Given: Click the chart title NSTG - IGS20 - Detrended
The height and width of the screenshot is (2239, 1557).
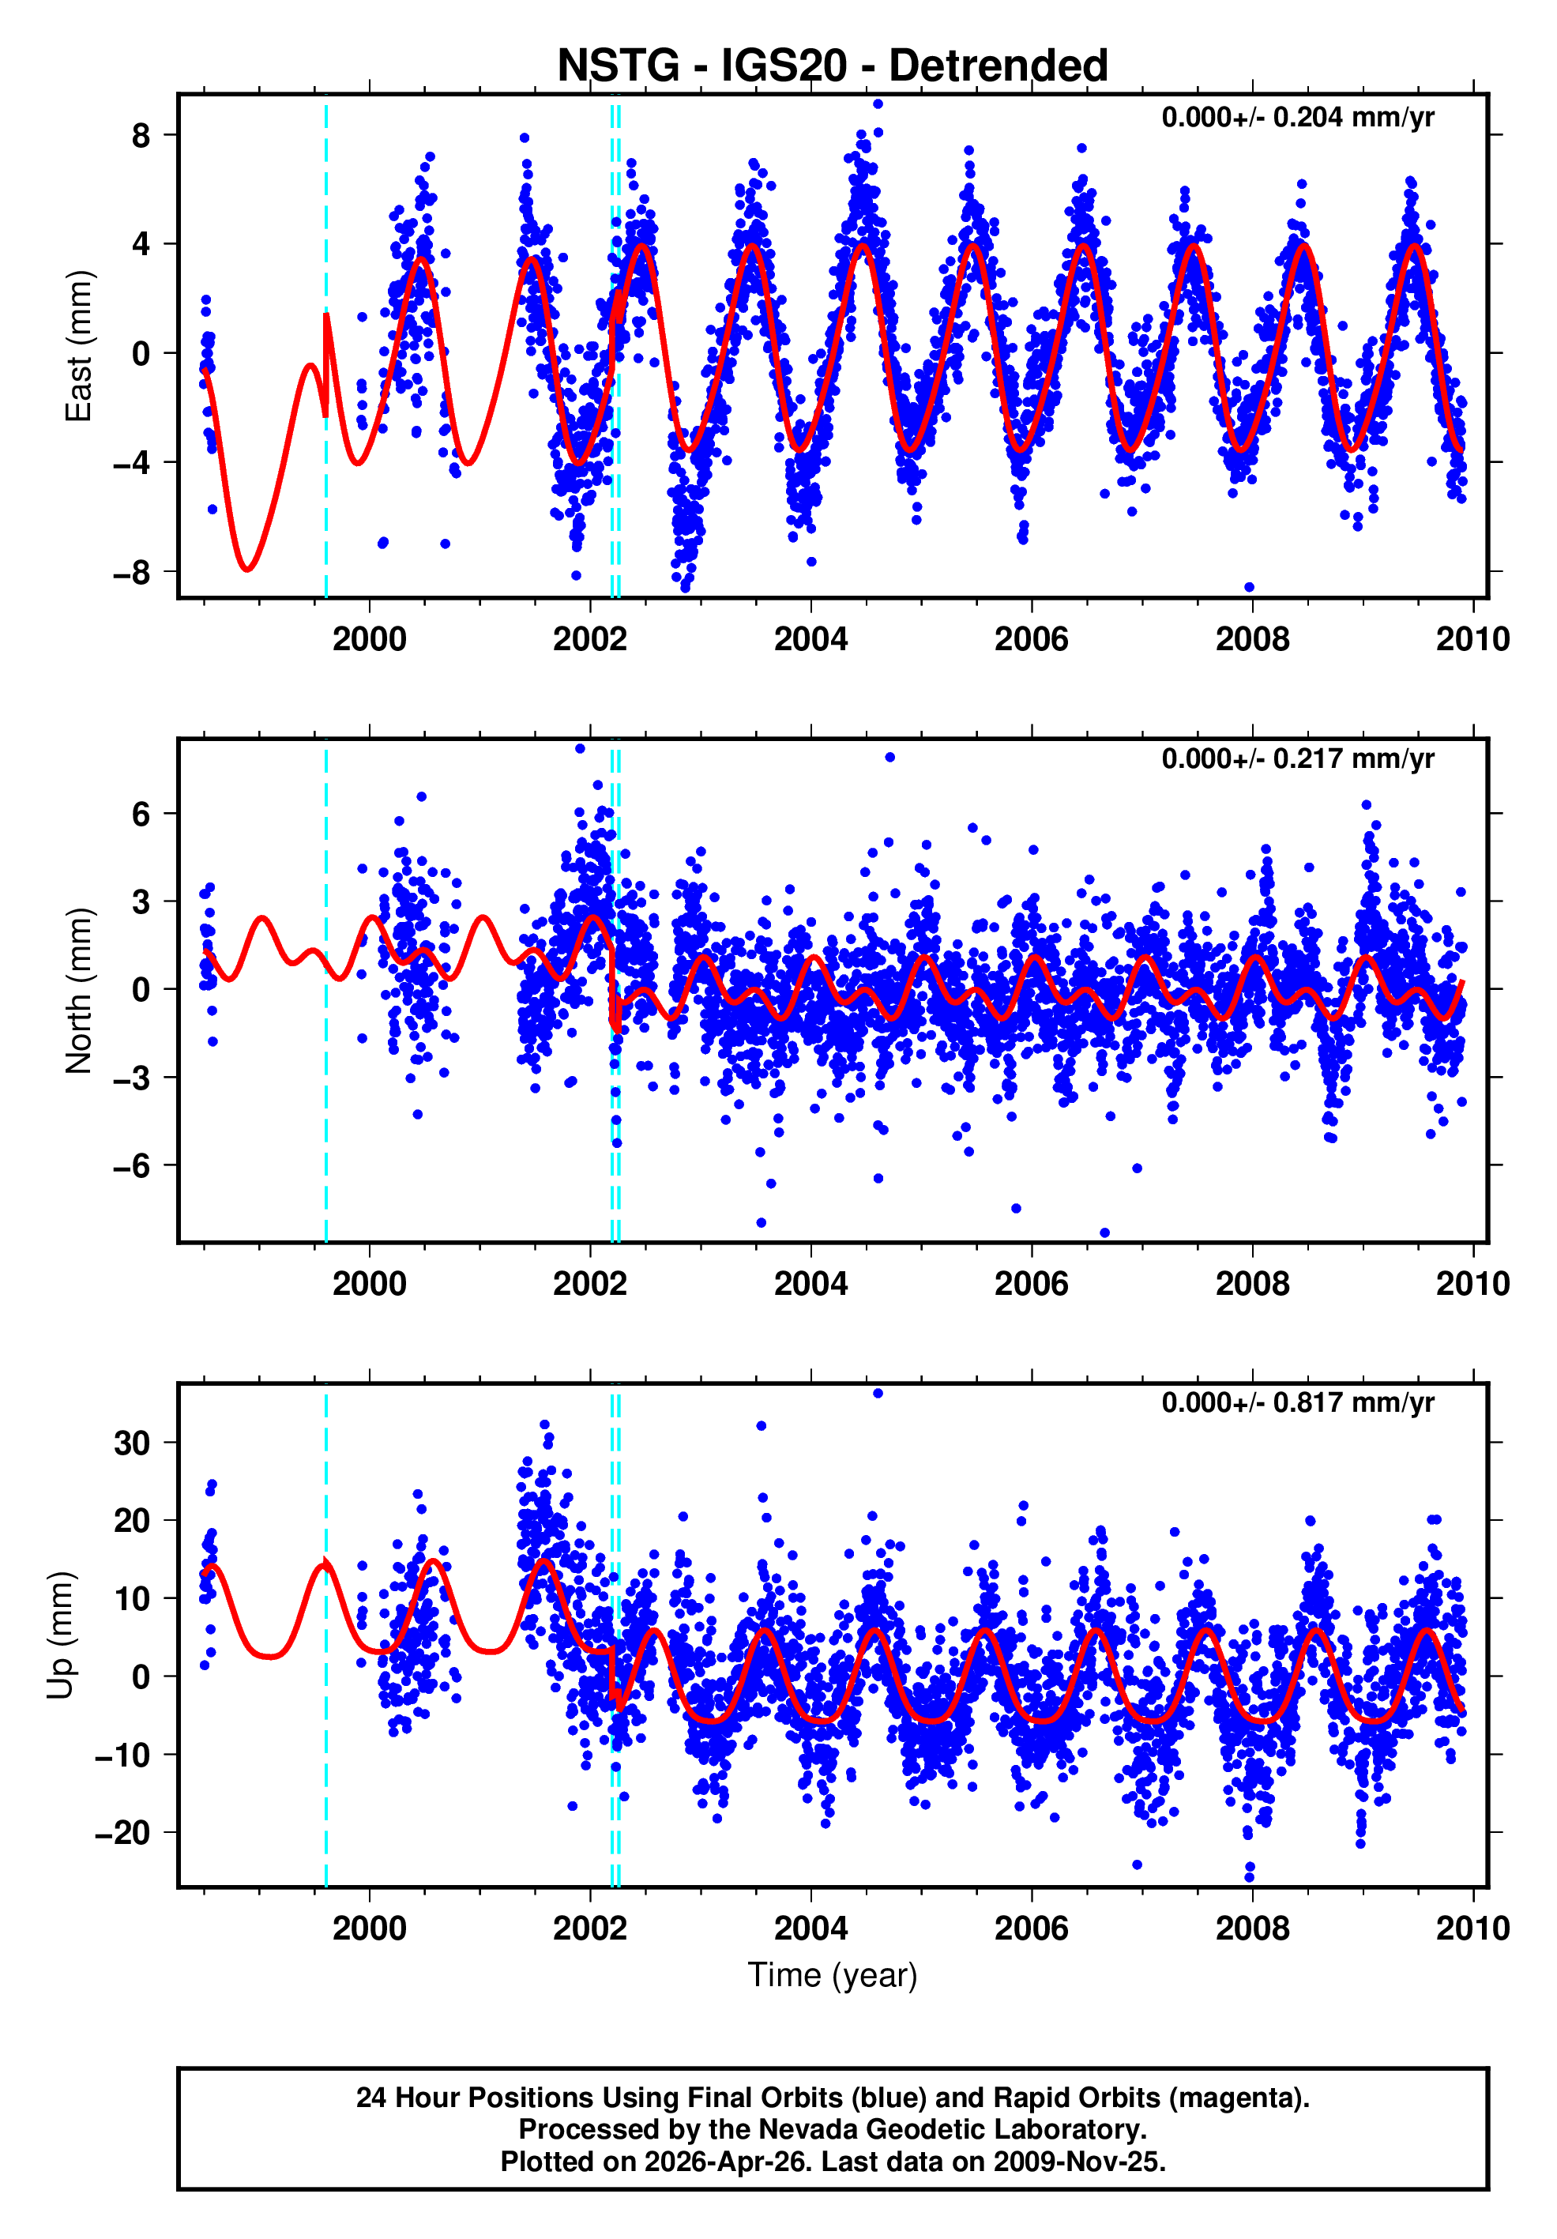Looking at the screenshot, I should coord(832,66).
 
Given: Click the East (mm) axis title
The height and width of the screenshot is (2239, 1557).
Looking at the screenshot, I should coord(78,346).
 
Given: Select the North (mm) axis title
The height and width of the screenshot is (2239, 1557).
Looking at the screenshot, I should coord(78,991).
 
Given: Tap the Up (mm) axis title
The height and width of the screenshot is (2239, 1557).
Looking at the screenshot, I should coord(61,1635).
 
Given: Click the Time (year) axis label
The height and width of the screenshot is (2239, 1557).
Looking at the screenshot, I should coord(832,1974).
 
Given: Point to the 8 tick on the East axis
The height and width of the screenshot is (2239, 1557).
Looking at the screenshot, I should coord(141,136).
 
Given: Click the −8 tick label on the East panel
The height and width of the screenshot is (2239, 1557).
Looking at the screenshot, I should coord(132,573).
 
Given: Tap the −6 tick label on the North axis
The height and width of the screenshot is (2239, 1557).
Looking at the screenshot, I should coord(132,1165).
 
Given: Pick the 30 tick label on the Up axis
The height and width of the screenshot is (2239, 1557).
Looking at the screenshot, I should coord(132,1443).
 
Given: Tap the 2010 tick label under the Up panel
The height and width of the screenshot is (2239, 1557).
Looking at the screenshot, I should coord(1472,1928).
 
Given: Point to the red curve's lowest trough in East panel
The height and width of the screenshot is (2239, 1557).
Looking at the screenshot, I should coord(247,569).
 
